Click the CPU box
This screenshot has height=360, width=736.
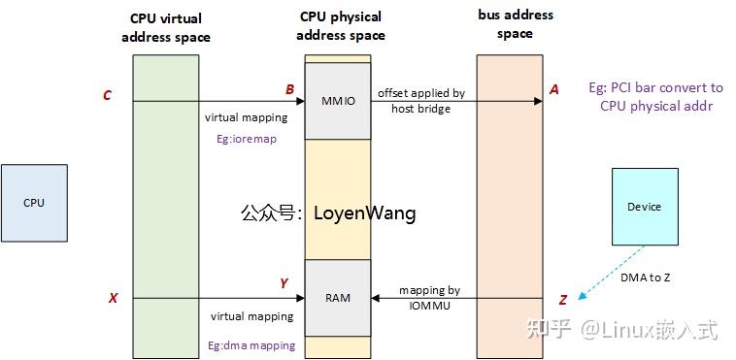(34, 203)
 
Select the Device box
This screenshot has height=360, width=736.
(644, 207)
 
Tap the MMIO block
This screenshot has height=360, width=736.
(338, 100)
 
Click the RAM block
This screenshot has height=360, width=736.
(338, 298)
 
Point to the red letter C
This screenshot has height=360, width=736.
(107, 95)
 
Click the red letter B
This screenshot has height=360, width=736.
(289, 90)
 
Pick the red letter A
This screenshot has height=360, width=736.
(554, 89)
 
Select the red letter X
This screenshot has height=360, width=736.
(113, 298)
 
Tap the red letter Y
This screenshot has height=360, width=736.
(284, 283)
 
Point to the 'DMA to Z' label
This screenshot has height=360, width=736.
(645, 278)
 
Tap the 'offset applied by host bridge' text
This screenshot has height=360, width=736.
(421, 101)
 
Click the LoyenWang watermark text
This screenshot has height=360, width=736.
(328, 213)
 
